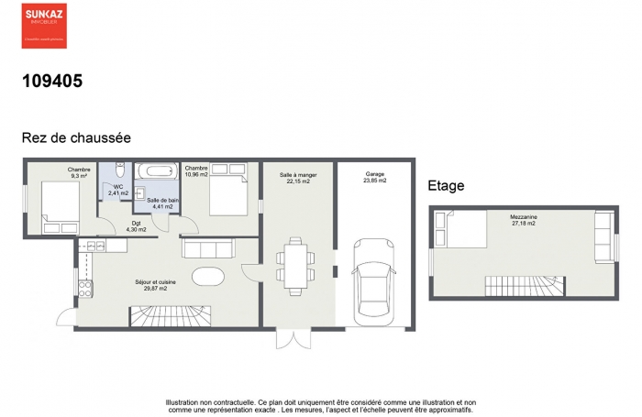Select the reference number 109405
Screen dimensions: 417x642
click(x=52, y=81)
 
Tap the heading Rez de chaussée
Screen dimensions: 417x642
click(x=76, y=137)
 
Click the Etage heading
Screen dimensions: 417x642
click(x=446, y=186)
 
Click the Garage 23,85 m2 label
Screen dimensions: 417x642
click(x=375, y=178)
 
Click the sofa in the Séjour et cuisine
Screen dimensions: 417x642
click(x=210, y=247)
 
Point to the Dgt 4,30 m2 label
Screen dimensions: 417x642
click(x=136, y=225)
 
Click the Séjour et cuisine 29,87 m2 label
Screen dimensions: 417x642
click(x=154, y=285)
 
